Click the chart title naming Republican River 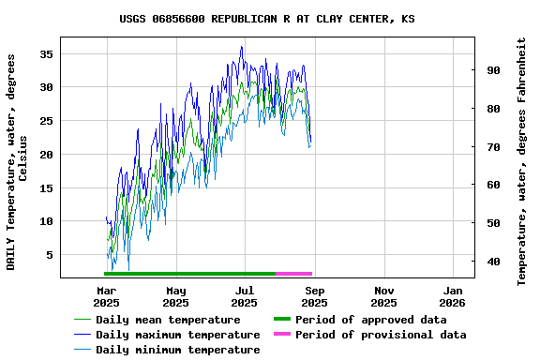[x=267, y=19]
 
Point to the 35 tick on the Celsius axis [x=45, y=53]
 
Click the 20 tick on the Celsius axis [x=45, y=154]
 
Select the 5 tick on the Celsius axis [x=49, y=255]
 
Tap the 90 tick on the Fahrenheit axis [x=492, y=70]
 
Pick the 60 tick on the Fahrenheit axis [x=492, y=185]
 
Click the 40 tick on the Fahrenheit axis [x=492, y=262]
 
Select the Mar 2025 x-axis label [x=106, y=296]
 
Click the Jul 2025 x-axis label [x=244, y=296]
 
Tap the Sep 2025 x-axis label [x=314, y=296]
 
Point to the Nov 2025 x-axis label [x=383, y=296]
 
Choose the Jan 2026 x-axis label [x=453, y=296]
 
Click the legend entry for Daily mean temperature [x=168, y=320]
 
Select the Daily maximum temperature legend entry [x=177, y=335]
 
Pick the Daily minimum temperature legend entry [x=177, y=350]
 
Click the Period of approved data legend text [x=370, y=320]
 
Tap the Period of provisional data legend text [x=380, y=335]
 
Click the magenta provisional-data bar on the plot [x=293, y=273]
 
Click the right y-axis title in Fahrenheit [x=522, y=161]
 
